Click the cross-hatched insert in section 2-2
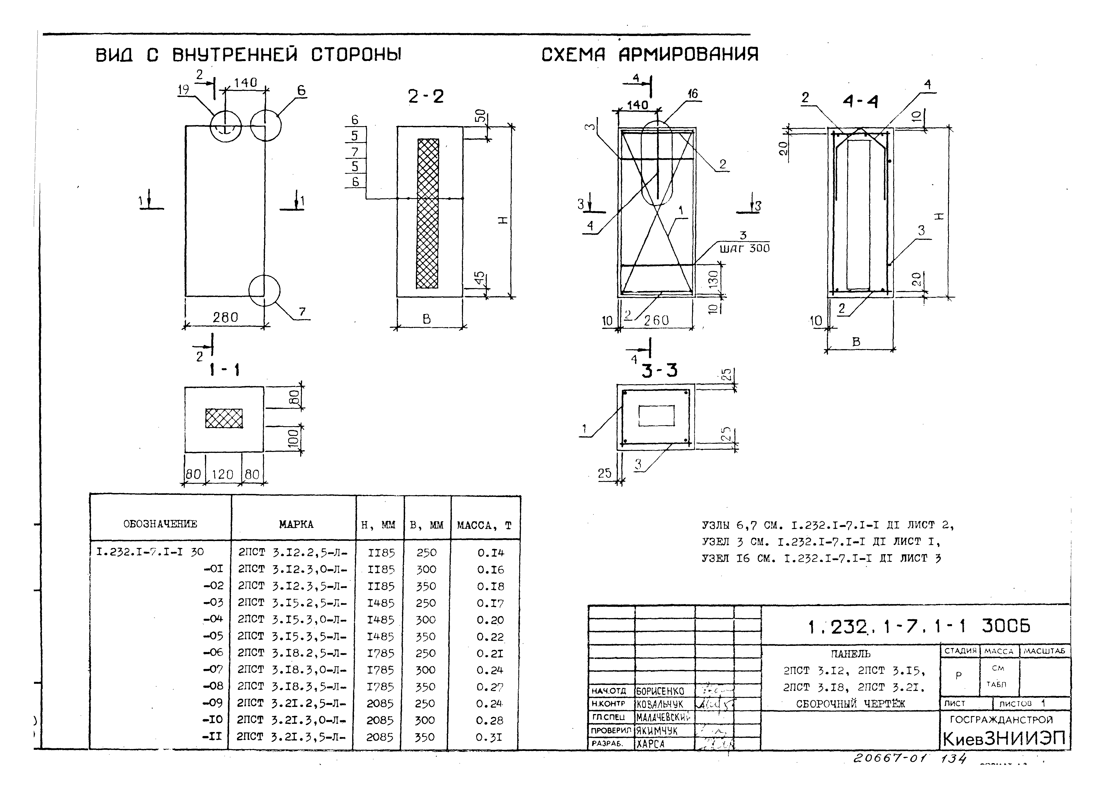click(x=428, y=214)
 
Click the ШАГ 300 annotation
click(x=744, y=248)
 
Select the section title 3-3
click(x=659, y=371)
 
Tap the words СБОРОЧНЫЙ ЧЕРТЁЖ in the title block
click(x=850, y=703)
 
